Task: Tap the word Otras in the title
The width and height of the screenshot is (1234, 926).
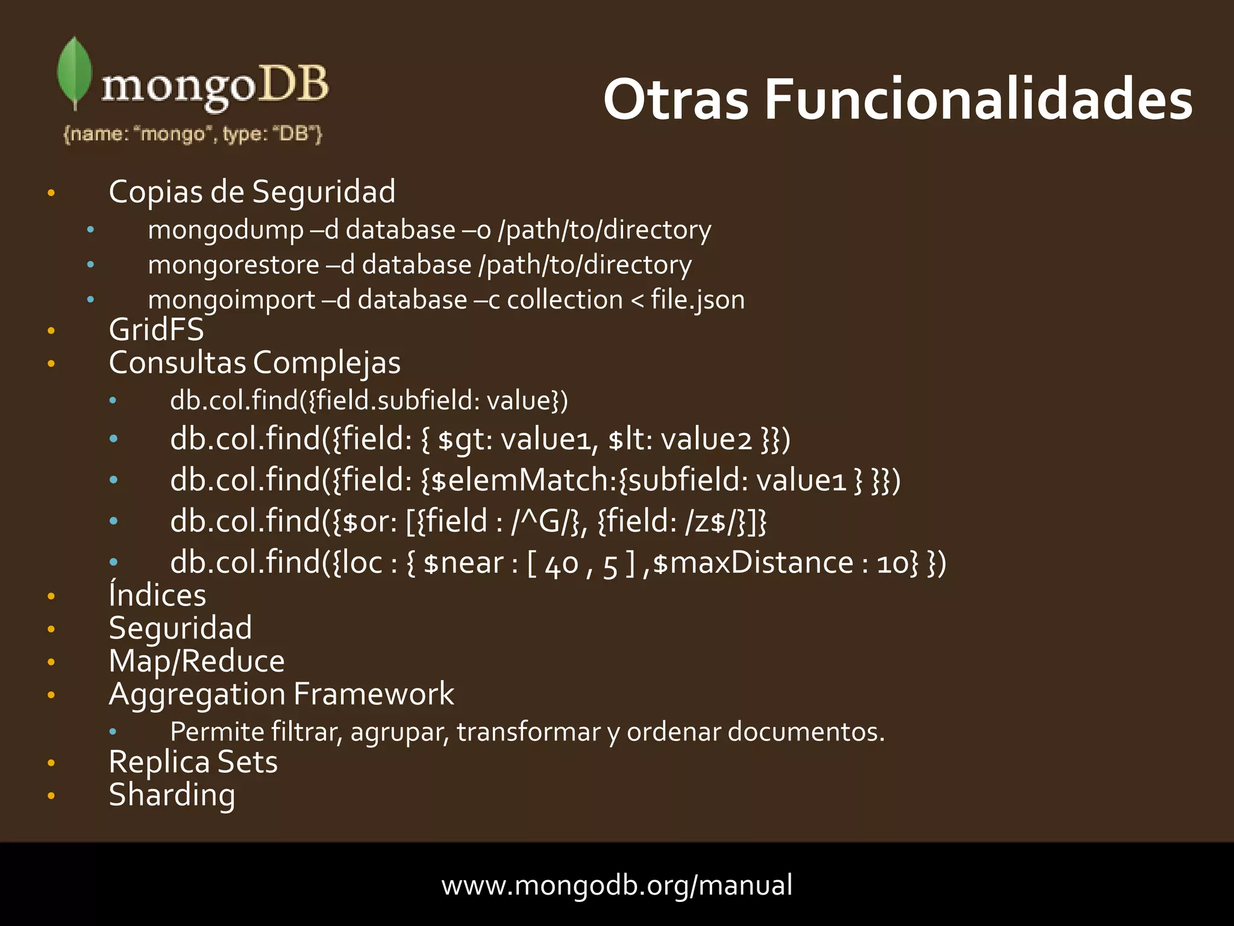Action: click(675, 99)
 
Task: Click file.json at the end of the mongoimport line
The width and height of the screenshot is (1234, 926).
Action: click(697, 300)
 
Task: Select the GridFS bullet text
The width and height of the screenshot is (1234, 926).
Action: click(156, 330)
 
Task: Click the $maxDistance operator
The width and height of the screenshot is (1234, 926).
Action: click(753, 563)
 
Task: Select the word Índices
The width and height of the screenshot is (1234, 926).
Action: click(157, 596)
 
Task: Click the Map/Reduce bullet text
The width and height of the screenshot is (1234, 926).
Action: click(196, 661)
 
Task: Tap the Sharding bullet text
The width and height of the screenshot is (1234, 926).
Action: click(172, 796)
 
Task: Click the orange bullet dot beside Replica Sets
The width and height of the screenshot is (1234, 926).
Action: click(51, 763)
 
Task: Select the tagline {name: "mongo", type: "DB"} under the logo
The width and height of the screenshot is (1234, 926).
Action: click(193, 134)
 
